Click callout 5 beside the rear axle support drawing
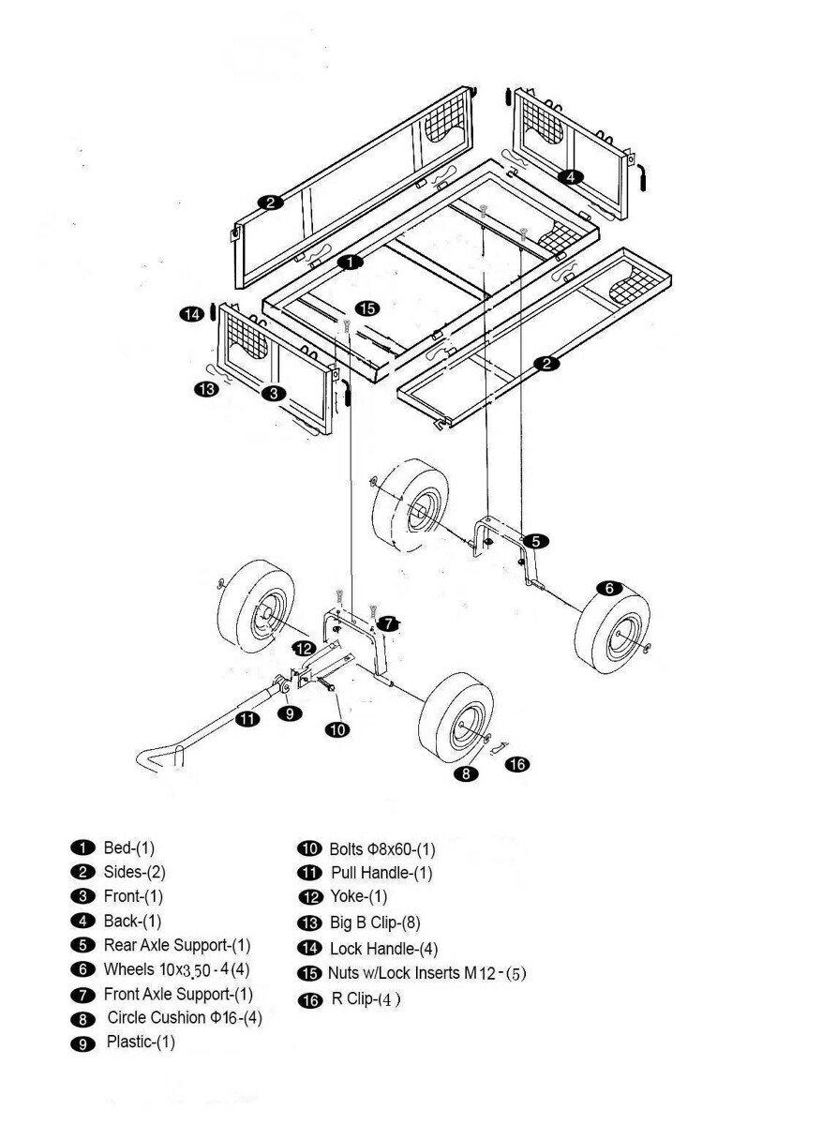click(x=536, y=541)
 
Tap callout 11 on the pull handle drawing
click(x=247, y=719)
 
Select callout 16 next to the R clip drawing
click(x=516, y=764)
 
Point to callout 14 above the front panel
click(x=192, y=315)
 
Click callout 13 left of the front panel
click(x=206, y=387)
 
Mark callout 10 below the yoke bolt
click(x=337, y=728)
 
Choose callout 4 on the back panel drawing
click(x=571, y=176)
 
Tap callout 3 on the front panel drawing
click(x=273, y=394)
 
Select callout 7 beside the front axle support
click(x=390, y=622)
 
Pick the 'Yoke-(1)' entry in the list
click(x=358, y=897)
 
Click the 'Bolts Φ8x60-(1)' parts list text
click(x=381, y=849)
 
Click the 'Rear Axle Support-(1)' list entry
click(x=177, y=945)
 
